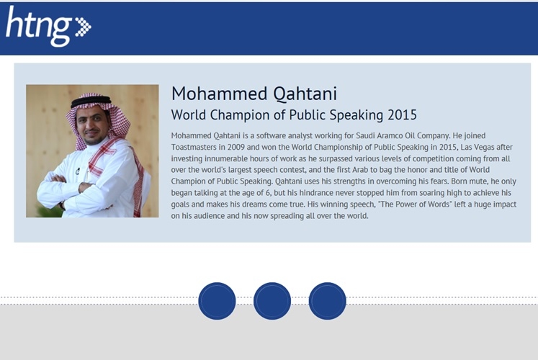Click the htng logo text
coord(38,26)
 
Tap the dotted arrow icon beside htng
coord(83,27)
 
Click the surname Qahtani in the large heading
coord(305,94)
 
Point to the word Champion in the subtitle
coord(240,115)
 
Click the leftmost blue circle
coord(217,301)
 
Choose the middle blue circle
coord(272,301)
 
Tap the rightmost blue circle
coord(327,301)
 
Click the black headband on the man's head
coord(91,102)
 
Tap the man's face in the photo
coord(89,125)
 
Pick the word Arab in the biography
coord(360,170)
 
